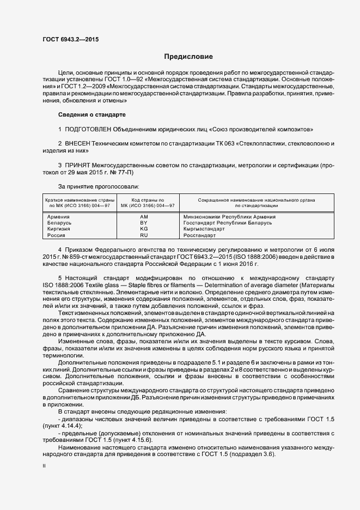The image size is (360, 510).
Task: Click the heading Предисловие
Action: (189, 57)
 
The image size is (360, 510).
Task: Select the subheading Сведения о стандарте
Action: (92, 115)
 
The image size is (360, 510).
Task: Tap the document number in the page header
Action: (71, 39)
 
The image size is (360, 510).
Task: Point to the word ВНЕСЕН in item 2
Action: (78, 143)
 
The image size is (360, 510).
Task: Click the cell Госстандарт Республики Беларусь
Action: (228, 223)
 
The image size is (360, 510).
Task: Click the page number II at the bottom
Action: (44, 466)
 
